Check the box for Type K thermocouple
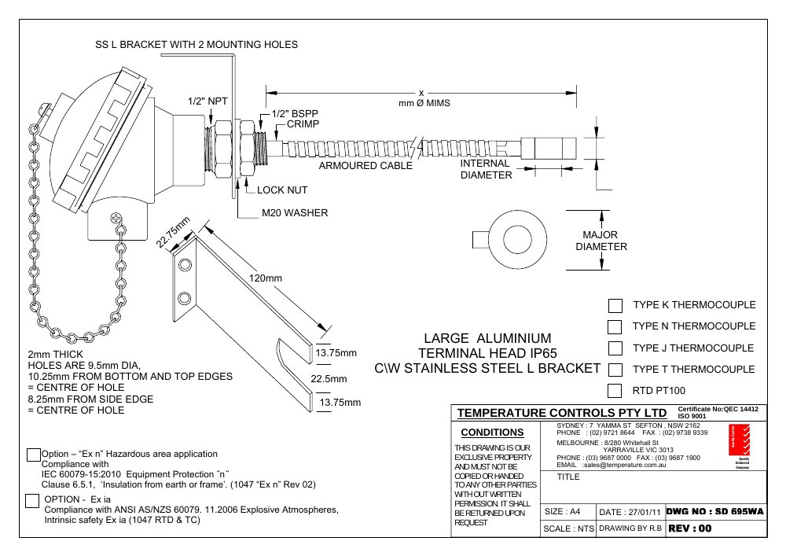[615, 305]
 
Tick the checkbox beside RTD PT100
[615, 391]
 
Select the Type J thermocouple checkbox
[615, 348]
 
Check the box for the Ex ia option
[32, 501]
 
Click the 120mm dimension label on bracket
[265, 278]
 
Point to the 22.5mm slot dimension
[329, 379]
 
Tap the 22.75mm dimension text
[173, 232]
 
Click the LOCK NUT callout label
[282, 190]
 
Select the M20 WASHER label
[295, 213]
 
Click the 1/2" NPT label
[208, 101]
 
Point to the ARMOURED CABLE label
[365, 166]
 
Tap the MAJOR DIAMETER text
[601, 241]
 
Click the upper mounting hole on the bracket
[185, 264]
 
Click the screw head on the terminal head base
[116, 218]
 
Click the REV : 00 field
[690, 528]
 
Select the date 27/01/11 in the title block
[645, 513]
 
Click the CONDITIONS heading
[492, 433]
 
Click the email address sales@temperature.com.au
[624, 466]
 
